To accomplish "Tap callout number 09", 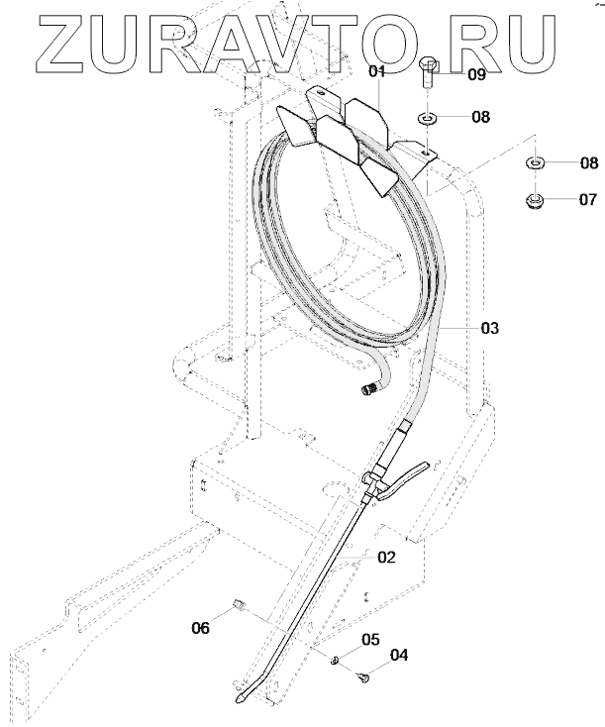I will (476, 73).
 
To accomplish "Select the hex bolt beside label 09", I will (430, 73).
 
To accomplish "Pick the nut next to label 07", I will (535, 201).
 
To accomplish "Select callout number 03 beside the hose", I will (490, 327).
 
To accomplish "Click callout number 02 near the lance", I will (386, 558).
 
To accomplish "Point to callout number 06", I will (200, 626).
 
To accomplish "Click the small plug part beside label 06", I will (239, 604).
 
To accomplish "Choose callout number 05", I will (370, 640).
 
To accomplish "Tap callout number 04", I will (399, 655).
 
